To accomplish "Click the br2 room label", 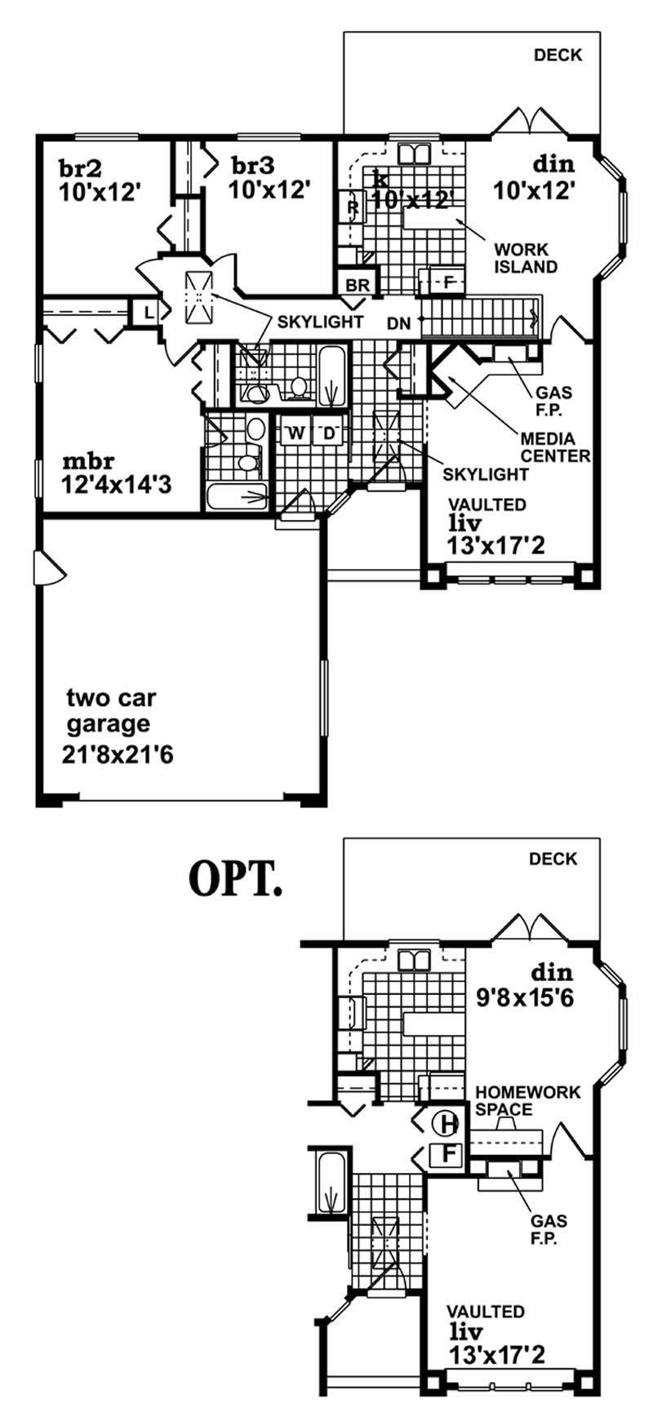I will (80, 168).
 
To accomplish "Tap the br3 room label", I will (253, 166).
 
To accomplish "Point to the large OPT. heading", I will (235, 877).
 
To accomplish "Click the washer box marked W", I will (295, 433).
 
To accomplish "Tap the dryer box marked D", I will (330, 433).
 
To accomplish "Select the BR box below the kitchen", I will (358, 286).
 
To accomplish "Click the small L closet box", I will (149, 312).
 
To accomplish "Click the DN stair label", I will (399, 323).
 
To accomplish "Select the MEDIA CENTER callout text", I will (555, 447).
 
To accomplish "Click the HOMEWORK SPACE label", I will (527, 1100).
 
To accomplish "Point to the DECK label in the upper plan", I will (557, 56).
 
